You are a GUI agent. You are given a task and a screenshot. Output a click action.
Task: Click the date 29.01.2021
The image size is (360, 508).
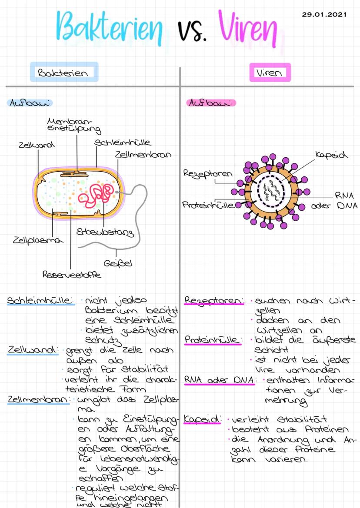coord(324,14)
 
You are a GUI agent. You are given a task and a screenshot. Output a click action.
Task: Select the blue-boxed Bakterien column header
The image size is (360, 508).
coord(63,73)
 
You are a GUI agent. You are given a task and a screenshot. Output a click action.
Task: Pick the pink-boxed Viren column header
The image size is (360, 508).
coord(270,73)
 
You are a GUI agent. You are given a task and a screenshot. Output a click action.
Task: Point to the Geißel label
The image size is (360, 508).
coord(118,263)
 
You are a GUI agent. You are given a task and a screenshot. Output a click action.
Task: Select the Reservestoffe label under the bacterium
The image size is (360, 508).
coord(72,275)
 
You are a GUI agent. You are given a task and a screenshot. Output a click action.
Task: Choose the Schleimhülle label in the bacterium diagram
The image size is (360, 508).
coord(123,142)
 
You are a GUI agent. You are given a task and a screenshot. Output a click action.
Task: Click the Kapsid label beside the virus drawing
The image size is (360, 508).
coord(332,155)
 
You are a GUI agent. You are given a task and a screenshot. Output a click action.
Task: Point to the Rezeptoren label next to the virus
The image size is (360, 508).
coord(208,173)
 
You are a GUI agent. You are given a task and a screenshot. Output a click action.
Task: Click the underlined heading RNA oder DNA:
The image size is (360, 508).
coord(219,379)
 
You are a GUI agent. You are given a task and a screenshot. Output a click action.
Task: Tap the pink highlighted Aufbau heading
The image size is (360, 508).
coord(211,103)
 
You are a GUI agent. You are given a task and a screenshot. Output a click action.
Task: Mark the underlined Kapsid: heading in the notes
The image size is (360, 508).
coord(202,419)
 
